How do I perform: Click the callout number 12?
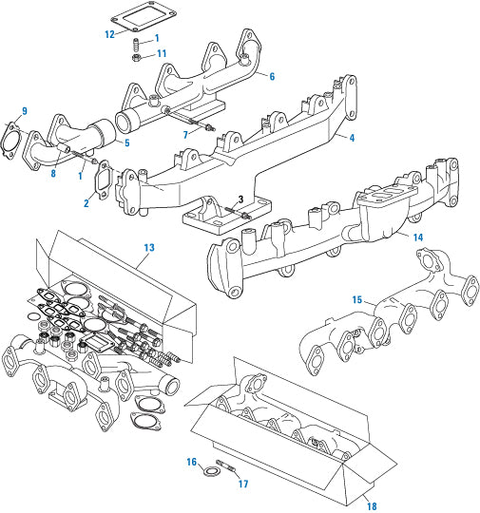[x=110, y=34]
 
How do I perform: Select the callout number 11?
[x=162, y=54]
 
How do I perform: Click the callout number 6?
[x=272, y=76]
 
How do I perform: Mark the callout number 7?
[x=184, y=136]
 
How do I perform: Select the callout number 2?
[x=86, y=202]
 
